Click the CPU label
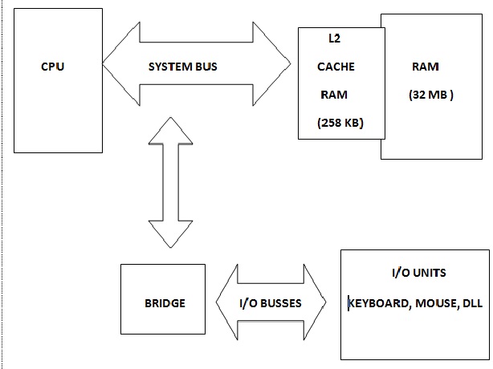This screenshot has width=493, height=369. (x=52, y=67)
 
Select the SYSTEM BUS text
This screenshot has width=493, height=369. (x=183, y=67)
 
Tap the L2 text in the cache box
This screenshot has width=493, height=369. (x=335, y=38)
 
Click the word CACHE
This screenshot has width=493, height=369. (x=336, y=67)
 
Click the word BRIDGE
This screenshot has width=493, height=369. (x=165, y=303)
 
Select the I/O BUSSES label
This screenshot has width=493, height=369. (x=271, y=303)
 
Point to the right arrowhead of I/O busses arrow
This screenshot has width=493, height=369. (x=315, y=303)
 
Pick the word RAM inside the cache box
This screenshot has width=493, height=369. (x=334, y=94)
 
